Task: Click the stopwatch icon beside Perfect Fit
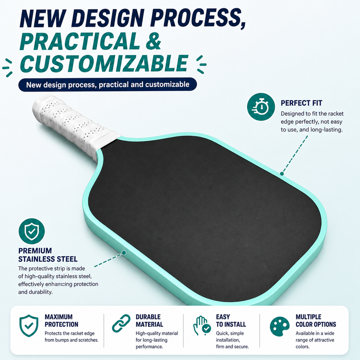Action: pyautogui.click(x=261, y=107)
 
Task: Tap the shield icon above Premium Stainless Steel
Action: pyautogui.click(x=31, y=231)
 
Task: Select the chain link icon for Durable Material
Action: pyautogui.click(x=121, y=323)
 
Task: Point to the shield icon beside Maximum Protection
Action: pyautogui.click(x=29, y=326)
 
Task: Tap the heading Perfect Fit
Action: pyautogui.click(x=301, y=103)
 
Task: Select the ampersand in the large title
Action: pyautogui.click(x=153, y=40)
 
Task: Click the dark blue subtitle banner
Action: pyautogui.click(x=108, y=84)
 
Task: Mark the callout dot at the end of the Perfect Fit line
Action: pyautogui.click(x=282, y=174)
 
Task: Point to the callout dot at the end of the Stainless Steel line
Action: pyautogui.click(x=124, y=253)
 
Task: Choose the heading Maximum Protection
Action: pyautogui.click(x=61, y=321)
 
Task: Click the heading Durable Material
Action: pyautogui.click(x=149, y=321)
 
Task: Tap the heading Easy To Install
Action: pyautogui.click(x=231, y=321)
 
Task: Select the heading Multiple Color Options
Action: pyautogui.click(x=316, y=321)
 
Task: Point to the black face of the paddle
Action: pyautogui.click(x=204, y=218)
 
